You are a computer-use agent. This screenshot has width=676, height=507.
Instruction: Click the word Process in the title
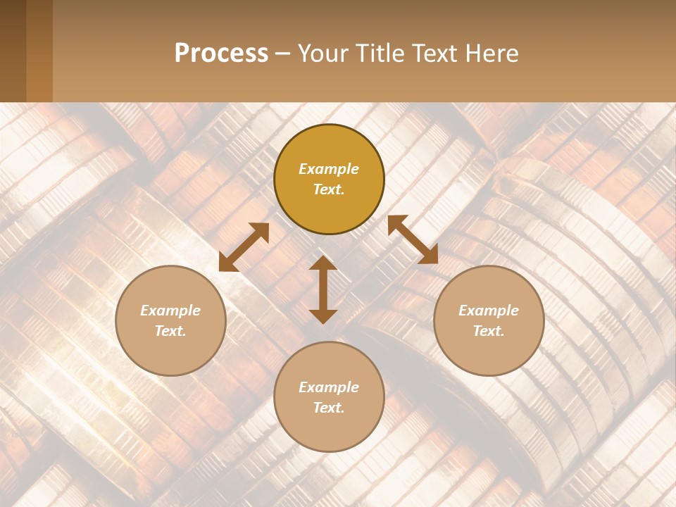click(221, 54)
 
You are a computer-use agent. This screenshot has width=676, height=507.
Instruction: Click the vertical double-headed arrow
click(323, 289)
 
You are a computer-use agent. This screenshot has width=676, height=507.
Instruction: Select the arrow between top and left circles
click(244, 247)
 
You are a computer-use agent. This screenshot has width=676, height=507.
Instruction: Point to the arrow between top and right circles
click(413, 239)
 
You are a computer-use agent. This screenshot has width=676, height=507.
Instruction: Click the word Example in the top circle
click(329, 169)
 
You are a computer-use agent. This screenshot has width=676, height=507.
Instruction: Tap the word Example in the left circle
click(170, 311)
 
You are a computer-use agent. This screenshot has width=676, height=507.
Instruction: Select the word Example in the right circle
click(489, 311)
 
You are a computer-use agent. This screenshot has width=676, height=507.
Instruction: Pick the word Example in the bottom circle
click(329, 387)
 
